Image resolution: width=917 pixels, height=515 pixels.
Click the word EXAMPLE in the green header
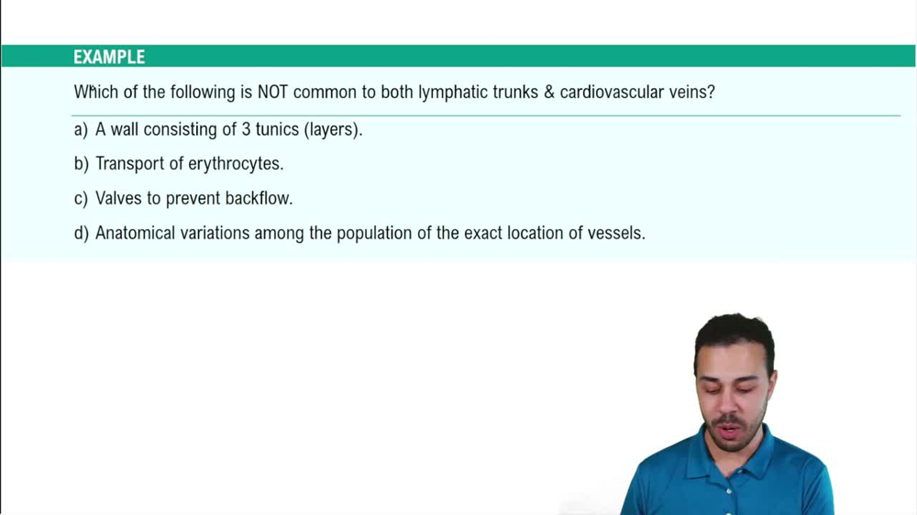click(x=109, y=57)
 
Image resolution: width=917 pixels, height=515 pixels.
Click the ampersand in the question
click(x=549, y=93)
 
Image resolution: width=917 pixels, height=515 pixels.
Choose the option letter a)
click(x=81, y=129)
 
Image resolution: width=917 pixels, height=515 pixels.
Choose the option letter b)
click(x=81, y=164)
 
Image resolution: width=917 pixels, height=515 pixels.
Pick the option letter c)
click(x=81, y=198)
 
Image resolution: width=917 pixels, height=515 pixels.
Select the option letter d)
click(x=81, y=233)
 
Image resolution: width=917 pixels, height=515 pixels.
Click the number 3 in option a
click(x=246, y=129)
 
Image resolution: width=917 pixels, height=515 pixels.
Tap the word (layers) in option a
click(x=333, y=129)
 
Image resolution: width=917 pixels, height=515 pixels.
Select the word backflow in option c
click(x=258, y=198)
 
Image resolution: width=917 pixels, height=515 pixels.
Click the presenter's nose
click(x=734, y=400)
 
